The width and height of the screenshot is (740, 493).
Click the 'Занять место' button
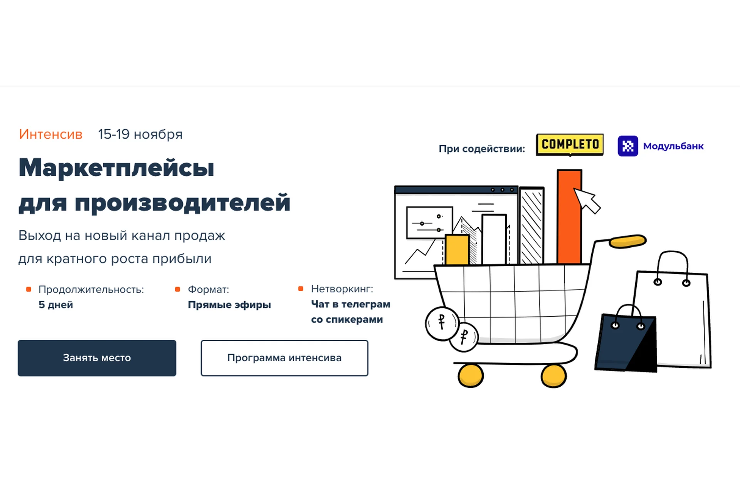tap(97, 358)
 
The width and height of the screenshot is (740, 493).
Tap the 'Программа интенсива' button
tap(284, 358)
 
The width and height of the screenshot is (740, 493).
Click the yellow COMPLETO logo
tap(570, 144)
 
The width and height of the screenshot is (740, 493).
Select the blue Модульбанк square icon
tap(628, 146)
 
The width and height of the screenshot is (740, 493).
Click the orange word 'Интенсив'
tap(50, 134)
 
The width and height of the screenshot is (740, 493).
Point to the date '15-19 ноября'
tap(140, 134)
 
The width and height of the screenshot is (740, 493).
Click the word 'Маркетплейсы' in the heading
tap(116, 168)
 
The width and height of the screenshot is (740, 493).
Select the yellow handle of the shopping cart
tap(627, 241)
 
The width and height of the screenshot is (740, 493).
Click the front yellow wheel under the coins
tap(471, 375)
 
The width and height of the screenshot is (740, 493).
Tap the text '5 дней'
tap(55, 305)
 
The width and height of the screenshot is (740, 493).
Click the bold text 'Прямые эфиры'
tap(229, 305)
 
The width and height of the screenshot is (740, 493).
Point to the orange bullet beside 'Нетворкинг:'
tap(301, 288)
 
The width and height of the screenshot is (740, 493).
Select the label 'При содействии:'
tap(482, 149)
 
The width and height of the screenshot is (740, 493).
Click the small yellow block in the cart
tap(457, 250)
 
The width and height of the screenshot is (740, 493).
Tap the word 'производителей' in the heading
tap(182, 203)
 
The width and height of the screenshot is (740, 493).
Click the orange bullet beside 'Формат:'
tap(177, 289)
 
